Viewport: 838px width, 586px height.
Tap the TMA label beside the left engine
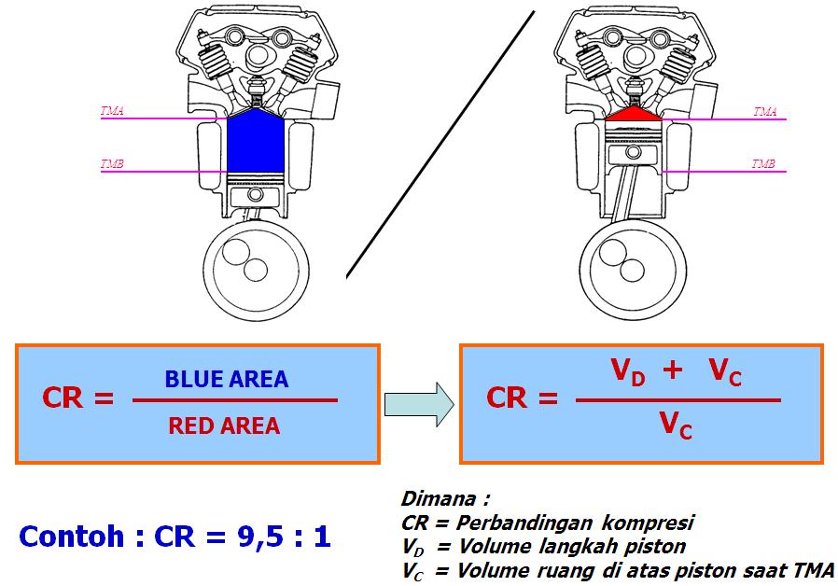tap(112, 111)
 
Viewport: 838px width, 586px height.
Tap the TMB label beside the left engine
tap(112, 164)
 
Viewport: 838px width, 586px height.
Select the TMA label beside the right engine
tap(764, 111)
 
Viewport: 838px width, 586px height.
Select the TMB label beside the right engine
tap(763, 164)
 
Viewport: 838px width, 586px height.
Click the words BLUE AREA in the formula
tap(227, 380)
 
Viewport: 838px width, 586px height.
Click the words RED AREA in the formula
tap(224, 426)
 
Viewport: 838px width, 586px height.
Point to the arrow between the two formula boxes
tap(418, 403)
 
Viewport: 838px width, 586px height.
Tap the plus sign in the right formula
tap(673, 371)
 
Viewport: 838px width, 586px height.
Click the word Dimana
tap(444, 498)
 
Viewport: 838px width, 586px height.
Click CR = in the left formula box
tap(77, 398)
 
